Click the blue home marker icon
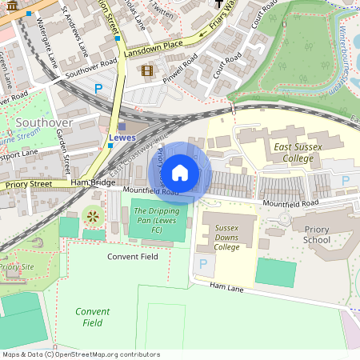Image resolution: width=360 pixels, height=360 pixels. point(180,172)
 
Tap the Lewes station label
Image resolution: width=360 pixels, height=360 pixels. point(122,138)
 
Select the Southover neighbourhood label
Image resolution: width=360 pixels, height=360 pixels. point(44,122)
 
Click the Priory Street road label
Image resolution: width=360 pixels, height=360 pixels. point(28,184)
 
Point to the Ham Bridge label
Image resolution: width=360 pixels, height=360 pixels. point(89,183)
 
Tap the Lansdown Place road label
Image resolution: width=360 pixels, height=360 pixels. point(154,47)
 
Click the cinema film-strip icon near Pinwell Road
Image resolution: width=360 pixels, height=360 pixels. point(146,71)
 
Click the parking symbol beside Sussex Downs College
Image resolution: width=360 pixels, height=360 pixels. point(202,263)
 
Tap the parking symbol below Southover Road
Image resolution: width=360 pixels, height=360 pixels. point(98,90)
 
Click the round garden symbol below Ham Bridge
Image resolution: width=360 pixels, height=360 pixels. point(92,215)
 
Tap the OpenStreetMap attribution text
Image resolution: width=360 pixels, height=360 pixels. point(70,354)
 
